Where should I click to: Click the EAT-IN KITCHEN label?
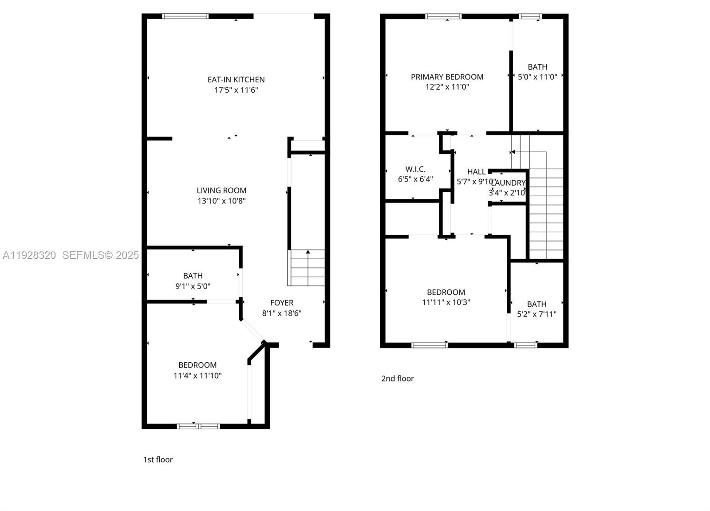point(236,79)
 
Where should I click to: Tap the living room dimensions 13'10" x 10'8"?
point(221,201)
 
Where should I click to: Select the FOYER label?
point(282,303)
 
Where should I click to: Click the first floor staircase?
point(307,268)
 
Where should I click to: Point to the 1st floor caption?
point(158,460)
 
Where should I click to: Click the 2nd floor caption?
point(398,378)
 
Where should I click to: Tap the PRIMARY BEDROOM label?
point(447,77)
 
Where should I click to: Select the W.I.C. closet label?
point(415,169)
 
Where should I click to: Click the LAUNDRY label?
point(509,183)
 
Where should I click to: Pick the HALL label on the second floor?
point(476,172)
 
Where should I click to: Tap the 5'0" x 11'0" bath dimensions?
point(537,77)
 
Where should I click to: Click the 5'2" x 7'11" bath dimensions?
point(536,314)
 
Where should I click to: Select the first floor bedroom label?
point(197,365)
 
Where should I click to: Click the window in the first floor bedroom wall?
point(198,426)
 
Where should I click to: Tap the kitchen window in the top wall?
point(185,16)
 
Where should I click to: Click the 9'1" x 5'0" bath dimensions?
point(193,286)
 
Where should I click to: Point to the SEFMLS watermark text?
point(100,255)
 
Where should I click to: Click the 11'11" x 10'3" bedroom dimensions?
point(446,302)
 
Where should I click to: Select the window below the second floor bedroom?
point(430,345)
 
